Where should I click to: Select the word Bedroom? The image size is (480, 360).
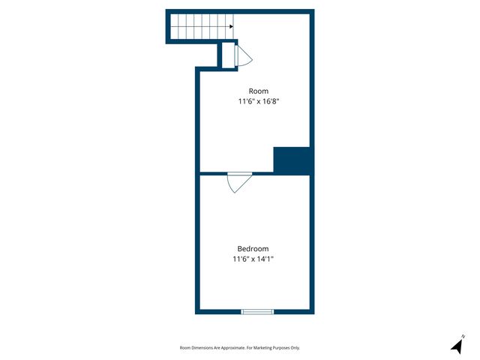253,249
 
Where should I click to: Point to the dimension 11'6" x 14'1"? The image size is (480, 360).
253,259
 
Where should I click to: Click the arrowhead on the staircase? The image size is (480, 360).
229,25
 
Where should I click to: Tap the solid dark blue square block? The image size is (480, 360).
292,160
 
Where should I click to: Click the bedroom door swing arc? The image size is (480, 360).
239,183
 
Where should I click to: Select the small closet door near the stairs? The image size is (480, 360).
244,56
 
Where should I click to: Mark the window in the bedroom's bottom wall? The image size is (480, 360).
257,311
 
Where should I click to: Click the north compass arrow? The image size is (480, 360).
456,346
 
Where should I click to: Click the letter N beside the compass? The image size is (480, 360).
463,336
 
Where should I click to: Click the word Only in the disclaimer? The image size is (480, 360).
295,348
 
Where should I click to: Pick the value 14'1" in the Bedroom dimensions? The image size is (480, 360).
268,259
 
